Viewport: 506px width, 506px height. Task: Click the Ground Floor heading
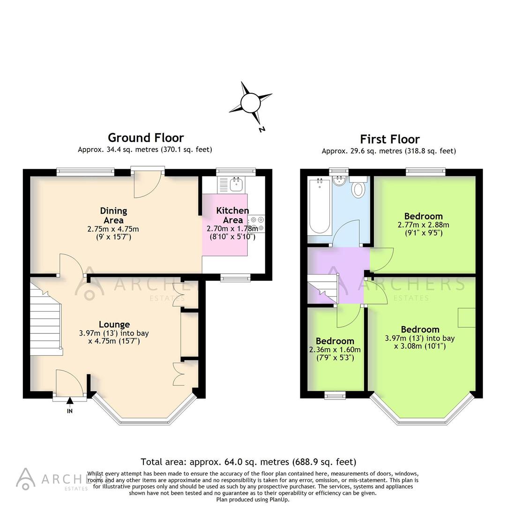click(x=146, y=138)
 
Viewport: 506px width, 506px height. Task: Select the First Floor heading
click(x=389, y=139)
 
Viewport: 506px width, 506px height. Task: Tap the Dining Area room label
click(x=113, y=216)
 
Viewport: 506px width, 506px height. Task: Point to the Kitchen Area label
click(x=232, y=215)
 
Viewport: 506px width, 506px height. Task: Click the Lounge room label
click(x=114, y=324)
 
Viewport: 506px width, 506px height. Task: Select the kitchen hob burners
click(x=257, y=223)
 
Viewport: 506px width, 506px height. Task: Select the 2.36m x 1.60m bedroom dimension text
click(x=335, y=350)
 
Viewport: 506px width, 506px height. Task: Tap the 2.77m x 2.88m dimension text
click(x=423, y=224)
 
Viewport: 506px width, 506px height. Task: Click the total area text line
click(x=248, y=462)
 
